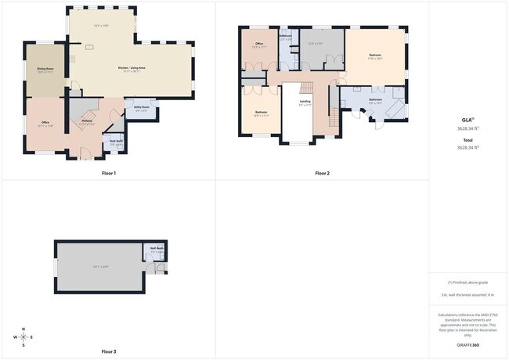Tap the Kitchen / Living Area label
[132, 68]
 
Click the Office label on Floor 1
[45, 123]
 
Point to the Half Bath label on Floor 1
[116, 141]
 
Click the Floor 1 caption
[108, 173]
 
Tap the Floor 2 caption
[323, 173]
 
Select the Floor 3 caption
[108, 352]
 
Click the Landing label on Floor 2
[305, 101]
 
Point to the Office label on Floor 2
[258, 45]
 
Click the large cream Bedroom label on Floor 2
[375, 55]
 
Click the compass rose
[23, 337]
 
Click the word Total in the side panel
[468, 140]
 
